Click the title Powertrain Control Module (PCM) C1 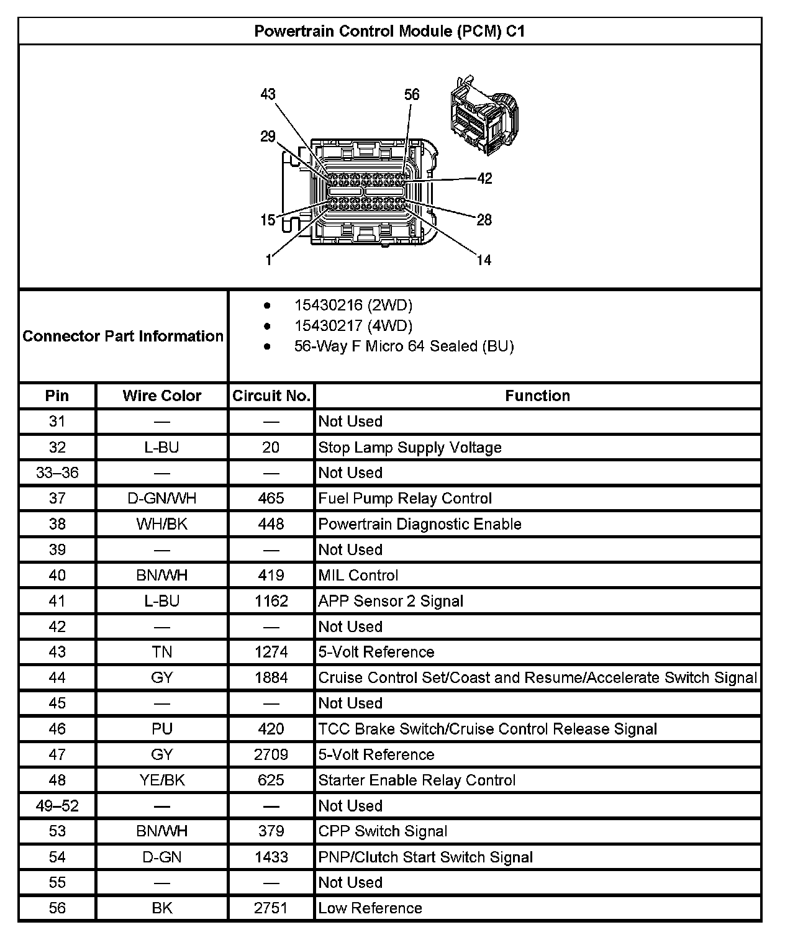point(389,32)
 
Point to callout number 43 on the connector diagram point(268,94)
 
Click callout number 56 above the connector point(412,94)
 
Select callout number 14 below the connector point(484,260)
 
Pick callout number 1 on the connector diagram point(268,260)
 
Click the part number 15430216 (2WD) point(353,305)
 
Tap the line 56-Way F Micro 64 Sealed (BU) point(404,346)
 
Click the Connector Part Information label point(123,336)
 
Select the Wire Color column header point(162,395)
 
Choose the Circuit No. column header point(271,395)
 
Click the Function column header point(537,395)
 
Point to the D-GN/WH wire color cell point(162,499)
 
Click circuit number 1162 point(271,601)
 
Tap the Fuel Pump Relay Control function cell point(405,499)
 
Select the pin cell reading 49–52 point(57,806)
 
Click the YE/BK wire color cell point(162,780)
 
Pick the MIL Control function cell point(358,576)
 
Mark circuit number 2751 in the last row point(271,908)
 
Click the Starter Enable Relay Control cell point(417,780)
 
